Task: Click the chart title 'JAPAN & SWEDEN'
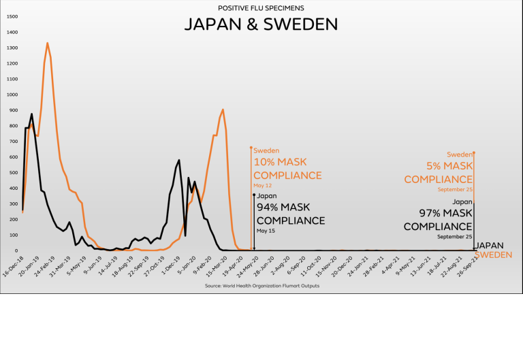[261, 24]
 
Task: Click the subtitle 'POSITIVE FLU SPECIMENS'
[261, 8]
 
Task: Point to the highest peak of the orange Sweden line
[47, 43]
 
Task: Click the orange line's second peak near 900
[223, 110]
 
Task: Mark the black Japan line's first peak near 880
[31, 114]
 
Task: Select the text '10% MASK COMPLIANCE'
[287, 169]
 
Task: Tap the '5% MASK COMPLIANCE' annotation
[439, 172]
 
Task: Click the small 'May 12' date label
[262, 185]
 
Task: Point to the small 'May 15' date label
[265, 231]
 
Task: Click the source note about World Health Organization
[261, 286]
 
